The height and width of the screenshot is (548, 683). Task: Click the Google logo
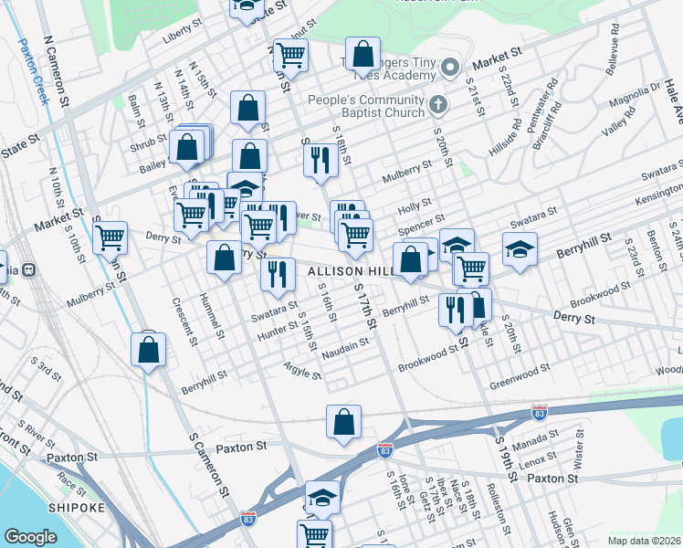pyautogui.click(x=30, y=537)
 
